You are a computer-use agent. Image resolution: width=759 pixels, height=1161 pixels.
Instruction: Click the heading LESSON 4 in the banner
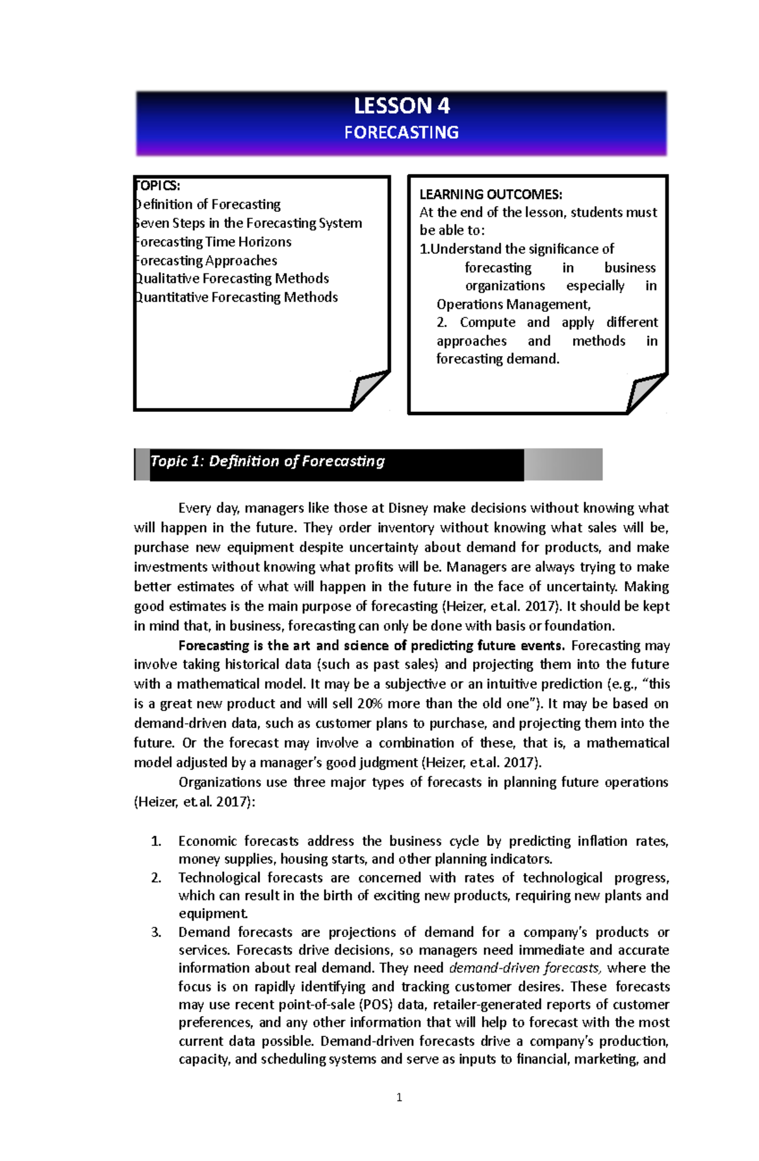pyautogui.click(x=401, y=106)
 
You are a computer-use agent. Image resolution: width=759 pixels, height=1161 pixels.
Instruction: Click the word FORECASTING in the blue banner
pyautogui.click(x=401, y=133)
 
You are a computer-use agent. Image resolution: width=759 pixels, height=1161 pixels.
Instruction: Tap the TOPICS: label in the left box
pyautogui.click(x=158, y=186)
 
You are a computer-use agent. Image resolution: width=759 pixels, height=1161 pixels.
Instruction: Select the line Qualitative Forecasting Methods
pyautogui.click(x=232, y=279)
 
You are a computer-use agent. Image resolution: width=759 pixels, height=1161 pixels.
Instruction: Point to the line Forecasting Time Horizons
pyautogui.click(x=213, y=242)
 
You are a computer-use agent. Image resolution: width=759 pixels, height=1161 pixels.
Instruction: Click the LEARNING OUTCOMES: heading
pyautogui.click(x=491, y=194)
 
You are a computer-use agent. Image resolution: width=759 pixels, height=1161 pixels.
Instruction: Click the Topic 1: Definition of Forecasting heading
pyautogui.click(x=268, y=461)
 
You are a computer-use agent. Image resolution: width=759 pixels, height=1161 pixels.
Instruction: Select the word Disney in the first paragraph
pyautogui.click(x=408, y=508)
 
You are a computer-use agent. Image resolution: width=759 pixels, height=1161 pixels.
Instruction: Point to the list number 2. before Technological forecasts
pyautogui.click(x=156, y=878)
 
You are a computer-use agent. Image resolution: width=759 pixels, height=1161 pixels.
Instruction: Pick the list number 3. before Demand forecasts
pyautogui.click(x=156, y=932)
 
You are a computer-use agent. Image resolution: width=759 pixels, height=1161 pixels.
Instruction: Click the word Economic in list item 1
pyautogui.click(x=207, y=841)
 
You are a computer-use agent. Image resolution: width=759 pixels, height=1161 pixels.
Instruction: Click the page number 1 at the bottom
pyautogui.click(x=399, y=1098)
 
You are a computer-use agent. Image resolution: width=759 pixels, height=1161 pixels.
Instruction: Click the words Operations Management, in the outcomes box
pyautogui.click(x=514, y=304)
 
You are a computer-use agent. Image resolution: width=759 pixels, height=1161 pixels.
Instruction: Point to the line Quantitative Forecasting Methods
pyautogui.click(x=237, y=297)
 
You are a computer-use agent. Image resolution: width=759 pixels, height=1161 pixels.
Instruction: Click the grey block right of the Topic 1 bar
pyautogui.click(x=562, y=464)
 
